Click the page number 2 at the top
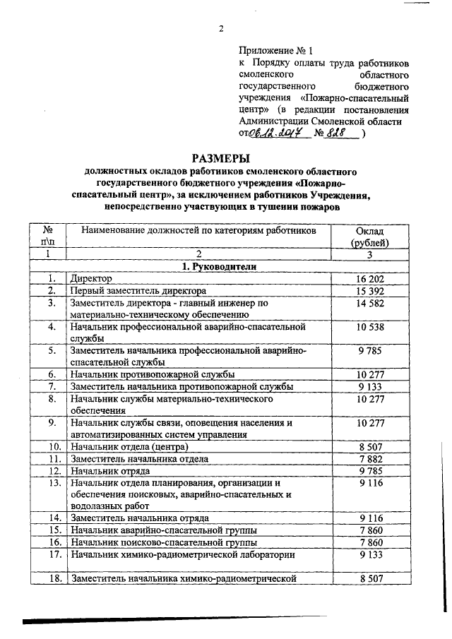(x=221, y=29)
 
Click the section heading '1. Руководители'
(x=220, y=266)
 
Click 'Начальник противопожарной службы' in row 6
(x=151, y=374)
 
